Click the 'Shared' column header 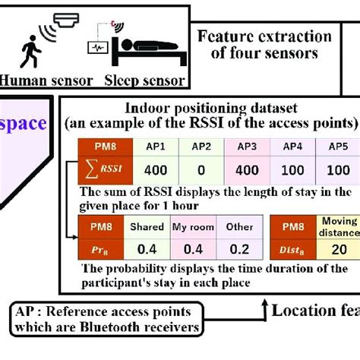point(147,226)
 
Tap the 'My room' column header point(191,226)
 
